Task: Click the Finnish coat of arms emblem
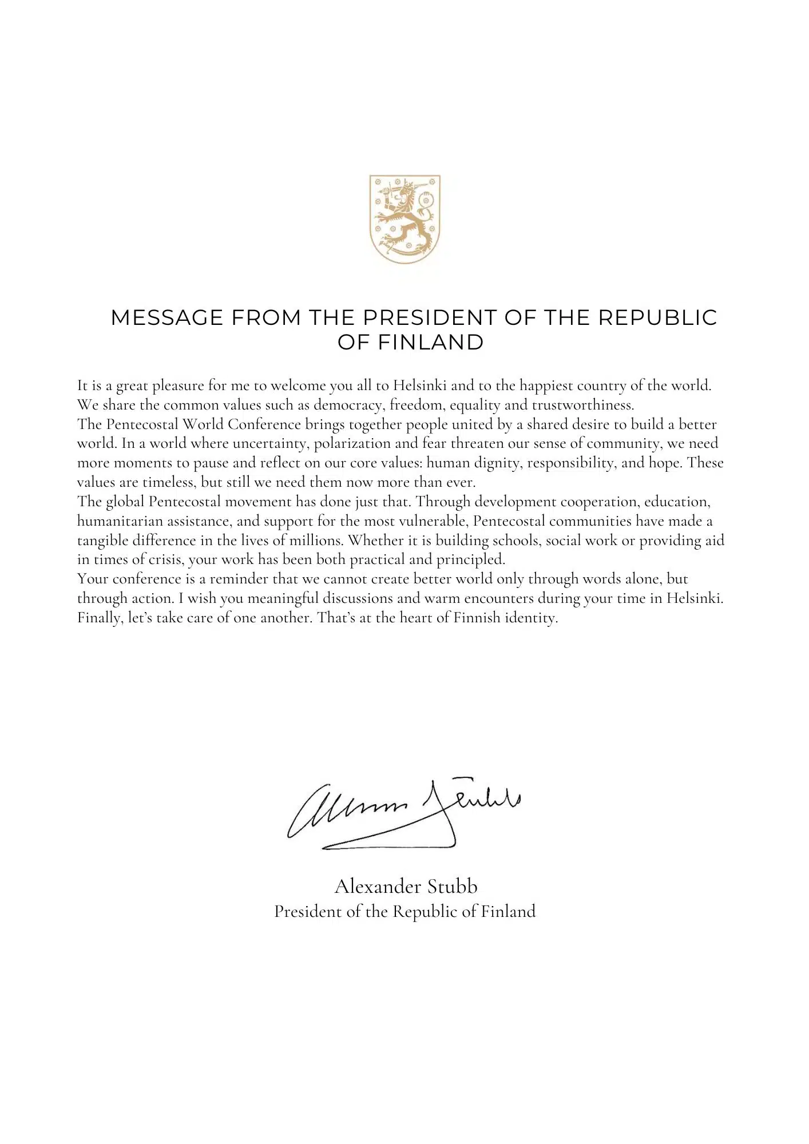pyautogui.click(x=405, y=219)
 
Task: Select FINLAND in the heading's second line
pyautogui.click(x=431, y=343)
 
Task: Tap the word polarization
pyautogui.click(x=352, y=444)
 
